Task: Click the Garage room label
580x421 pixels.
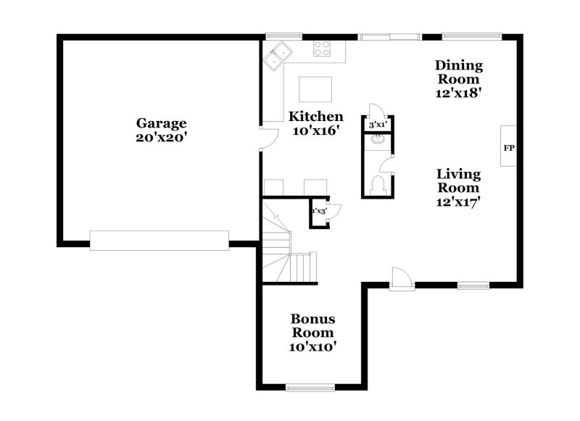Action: point(161,123)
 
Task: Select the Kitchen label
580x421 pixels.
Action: point(316,117)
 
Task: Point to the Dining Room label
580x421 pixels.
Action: point(459,72)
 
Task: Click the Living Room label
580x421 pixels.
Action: point(459,180)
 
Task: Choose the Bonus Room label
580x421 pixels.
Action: point(313,325)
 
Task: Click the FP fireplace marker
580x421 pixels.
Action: point(509,148)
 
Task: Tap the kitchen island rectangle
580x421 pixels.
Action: point(315,89)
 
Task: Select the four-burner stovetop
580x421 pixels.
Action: point(322,49)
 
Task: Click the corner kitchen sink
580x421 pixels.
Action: point(278,57)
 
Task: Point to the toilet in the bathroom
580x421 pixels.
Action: point(378,186)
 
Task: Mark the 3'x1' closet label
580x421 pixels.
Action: point(378,125)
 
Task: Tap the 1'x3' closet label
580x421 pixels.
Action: point(320,212)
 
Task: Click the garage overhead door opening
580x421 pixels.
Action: point(159,241)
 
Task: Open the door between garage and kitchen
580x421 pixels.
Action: point(269,138)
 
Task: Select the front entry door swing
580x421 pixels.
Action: point(402,279)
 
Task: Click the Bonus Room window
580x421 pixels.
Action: point(310,388)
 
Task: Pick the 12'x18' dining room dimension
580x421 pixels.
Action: point(459,93)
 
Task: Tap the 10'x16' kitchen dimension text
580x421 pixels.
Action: point(316,131)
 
